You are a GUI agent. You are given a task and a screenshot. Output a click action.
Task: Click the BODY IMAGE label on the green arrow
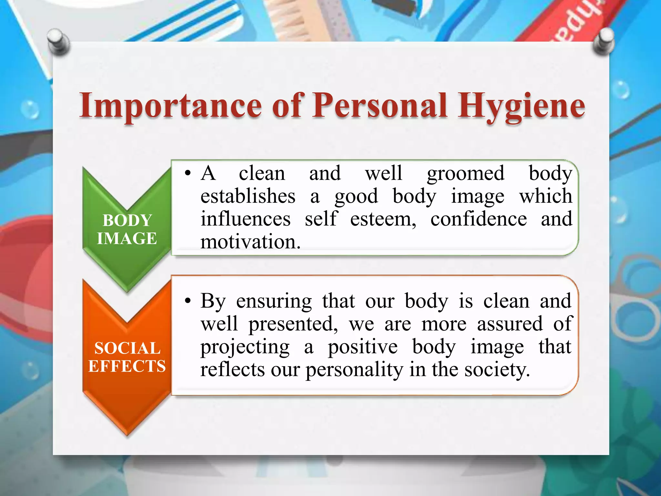[x=127, y=229]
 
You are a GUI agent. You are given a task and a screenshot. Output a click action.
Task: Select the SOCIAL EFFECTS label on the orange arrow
[x=127, y=357]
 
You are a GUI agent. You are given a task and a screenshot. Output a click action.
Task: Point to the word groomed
[x=465, y=174]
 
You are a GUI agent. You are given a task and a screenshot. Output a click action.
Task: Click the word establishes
[x=248, y=196]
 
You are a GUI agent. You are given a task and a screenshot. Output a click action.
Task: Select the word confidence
[x=478, y=219]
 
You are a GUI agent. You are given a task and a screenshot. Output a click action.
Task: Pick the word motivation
[x=250, y=242]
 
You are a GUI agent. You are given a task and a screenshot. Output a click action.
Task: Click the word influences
[x=246, y=219]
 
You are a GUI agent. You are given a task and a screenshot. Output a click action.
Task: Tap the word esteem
[x=383, y=219]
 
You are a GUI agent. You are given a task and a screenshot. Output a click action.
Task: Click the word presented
[x=292, y=324]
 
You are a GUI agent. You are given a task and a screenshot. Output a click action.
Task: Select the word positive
[x=363, y=347]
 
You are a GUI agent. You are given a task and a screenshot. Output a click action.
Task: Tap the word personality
[x=354, y=370]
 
